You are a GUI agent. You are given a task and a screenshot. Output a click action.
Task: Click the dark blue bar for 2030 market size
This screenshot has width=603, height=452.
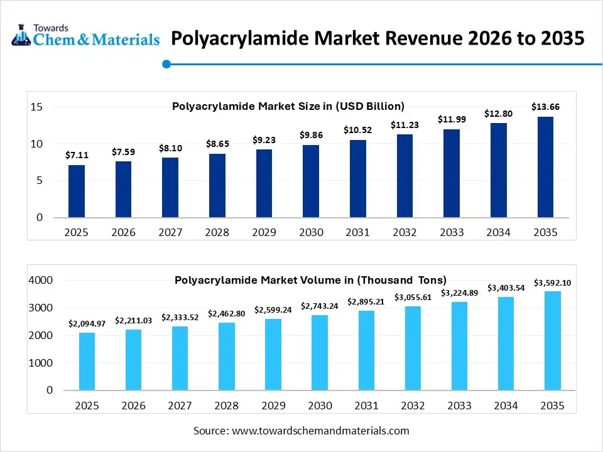pyautogui.click(x=311, y=181)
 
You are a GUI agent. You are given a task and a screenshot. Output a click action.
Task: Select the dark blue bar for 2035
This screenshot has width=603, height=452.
pyautogui.click(x=545, y=167)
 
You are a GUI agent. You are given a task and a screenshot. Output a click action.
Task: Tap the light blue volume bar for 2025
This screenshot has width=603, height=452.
pyautogui.click(x=87, y=361)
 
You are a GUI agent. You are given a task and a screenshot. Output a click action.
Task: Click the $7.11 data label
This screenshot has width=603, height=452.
pyautogui.click(x=77, y=155)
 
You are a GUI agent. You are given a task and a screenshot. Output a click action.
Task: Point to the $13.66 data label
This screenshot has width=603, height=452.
pyautogui.click(x=545, y=107)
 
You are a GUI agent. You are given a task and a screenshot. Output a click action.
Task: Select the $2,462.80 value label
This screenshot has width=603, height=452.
pyautogui.click(x=227, y=313)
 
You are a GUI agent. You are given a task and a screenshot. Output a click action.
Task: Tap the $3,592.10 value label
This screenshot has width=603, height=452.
pyautogui.click(x=552, y=282)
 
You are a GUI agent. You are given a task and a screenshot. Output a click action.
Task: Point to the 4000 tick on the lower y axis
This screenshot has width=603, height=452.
pyautogui.click(x=41, y=280)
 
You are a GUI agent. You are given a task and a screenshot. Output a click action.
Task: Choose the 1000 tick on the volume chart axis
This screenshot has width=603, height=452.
pyautogui.click(x=41, y=363)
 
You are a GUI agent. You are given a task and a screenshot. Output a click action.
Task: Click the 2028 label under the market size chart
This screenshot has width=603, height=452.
pyautogui.click(x=217, y=232)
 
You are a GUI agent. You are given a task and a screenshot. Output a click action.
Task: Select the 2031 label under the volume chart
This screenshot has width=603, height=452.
pyautogui.click(x=366, y=406)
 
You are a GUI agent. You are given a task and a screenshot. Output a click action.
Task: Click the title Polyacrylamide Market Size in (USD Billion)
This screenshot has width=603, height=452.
pyautogui.click(x=288, y=106)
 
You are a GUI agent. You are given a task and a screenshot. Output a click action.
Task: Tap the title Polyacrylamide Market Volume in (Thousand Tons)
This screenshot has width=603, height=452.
pyautogui.click(x=310, y=280)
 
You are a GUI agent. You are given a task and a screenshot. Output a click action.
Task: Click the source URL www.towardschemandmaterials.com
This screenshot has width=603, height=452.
pyautogui.click(x=320, y=431)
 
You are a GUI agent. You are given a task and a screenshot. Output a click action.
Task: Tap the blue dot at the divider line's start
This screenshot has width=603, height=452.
pyautogui.click(x=166, y=63)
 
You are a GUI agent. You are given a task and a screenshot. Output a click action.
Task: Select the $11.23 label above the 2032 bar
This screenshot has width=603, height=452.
pyautogui.click(x=405, y=124)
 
